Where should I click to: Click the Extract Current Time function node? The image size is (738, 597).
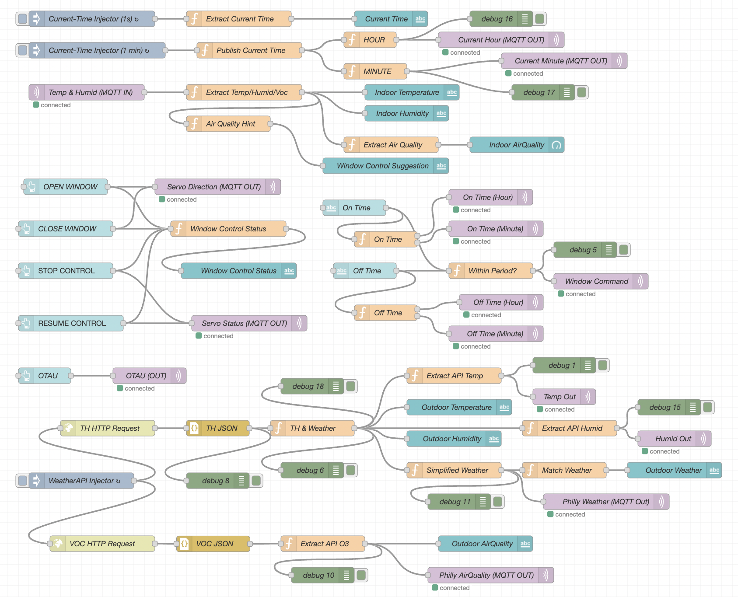click(x=239, y=19)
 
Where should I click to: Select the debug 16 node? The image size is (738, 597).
click(x=497, y=19)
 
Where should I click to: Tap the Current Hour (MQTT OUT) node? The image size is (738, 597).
click(x=501, y=40)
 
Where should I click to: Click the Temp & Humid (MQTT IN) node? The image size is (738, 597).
click(x=91, y=92)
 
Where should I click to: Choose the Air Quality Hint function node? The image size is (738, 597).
click(x=231, y=124)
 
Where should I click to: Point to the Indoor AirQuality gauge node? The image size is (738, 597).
click(x=516, y=145)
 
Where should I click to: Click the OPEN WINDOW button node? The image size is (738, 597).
click(x=70, y=187)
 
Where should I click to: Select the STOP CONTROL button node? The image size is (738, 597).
click(x=66, y=271)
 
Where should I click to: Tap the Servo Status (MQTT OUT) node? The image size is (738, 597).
click(x=244, y=323)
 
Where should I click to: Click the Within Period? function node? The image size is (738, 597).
click(x=492, y=271)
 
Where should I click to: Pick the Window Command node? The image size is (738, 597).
click(x=596, y=281)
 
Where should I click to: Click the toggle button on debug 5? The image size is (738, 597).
click(x=624, y=250)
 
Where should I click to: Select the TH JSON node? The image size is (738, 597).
click(x=221, y=428)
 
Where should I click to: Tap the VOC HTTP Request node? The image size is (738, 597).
click(x=102, y=544)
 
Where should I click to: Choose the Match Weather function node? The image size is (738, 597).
click(x=567, y=470)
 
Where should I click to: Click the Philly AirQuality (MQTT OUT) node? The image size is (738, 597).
click(x=486, y=575)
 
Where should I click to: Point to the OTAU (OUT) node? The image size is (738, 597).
click(x=146, y=376)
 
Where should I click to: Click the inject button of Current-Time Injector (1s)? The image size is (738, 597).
click(x=22, y=19)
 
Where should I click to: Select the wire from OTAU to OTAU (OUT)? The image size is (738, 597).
click(x=92, y=376)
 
